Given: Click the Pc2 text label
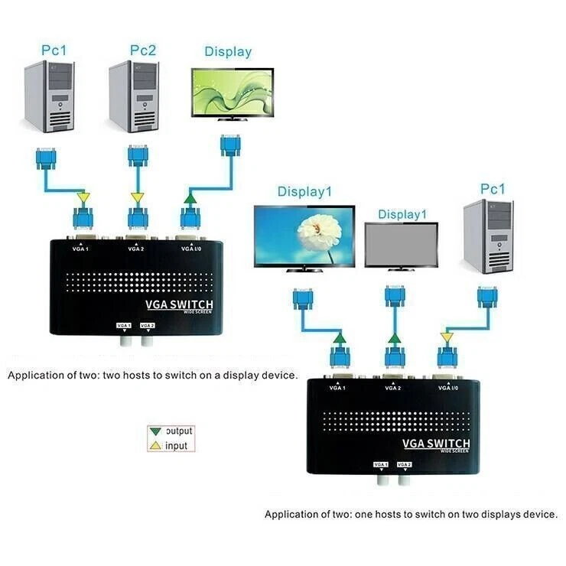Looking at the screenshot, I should point(142,50).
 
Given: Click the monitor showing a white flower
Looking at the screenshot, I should point(304,237).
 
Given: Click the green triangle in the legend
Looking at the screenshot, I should point(157,431).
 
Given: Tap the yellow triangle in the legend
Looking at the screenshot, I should point(157,445).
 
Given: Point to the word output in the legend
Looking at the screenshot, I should point(179,431).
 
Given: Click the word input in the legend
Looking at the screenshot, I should point(176,446).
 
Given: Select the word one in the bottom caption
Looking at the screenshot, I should point(366,515).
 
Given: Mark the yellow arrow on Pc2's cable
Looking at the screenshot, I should point(138,199).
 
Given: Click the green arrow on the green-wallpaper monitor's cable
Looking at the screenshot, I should point(189,199).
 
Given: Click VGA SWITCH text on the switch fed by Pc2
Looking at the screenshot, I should point(180,306).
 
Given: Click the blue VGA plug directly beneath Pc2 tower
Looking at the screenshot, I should point(138,157).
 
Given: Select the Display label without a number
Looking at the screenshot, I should point(228,52).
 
